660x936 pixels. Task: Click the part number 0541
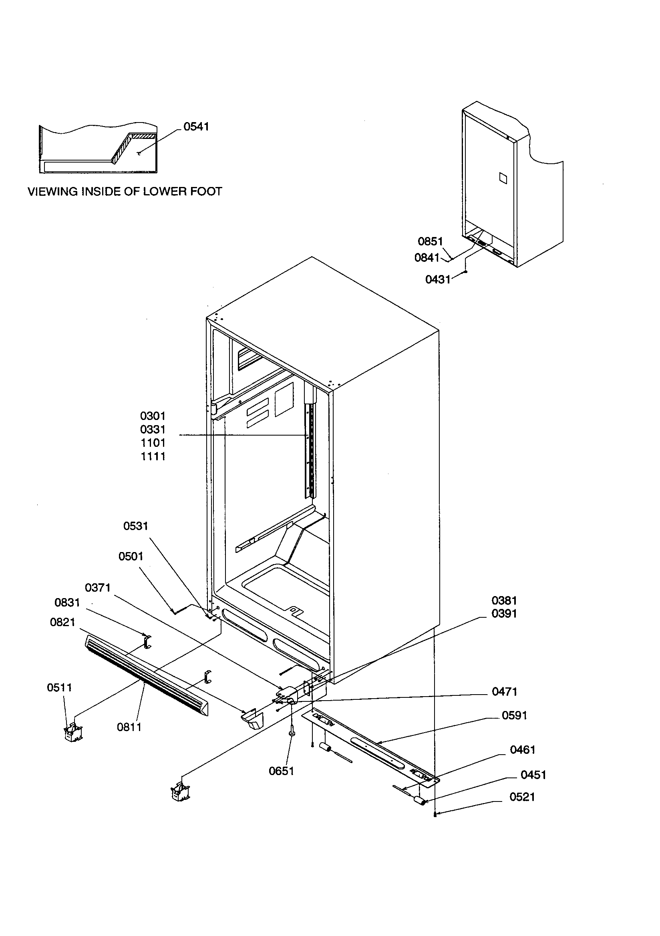pos(196,127)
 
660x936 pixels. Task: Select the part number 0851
pos(430,241)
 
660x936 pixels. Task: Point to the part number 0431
pos(437,279)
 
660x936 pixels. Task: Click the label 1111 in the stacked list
pos(153,456)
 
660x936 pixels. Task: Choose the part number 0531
pos(135,526)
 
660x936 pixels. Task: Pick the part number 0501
pos(131,556)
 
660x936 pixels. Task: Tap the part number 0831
pos(67,603)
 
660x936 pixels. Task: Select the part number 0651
pos(282,771)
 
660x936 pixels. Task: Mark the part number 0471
pos(505,691)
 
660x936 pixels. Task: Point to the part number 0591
pos(514,715)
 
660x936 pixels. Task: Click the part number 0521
pos(522,797)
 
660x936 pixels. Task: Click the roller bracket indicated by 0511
pos(73,733)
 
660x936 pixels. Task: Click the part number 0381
pos(504,601)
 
